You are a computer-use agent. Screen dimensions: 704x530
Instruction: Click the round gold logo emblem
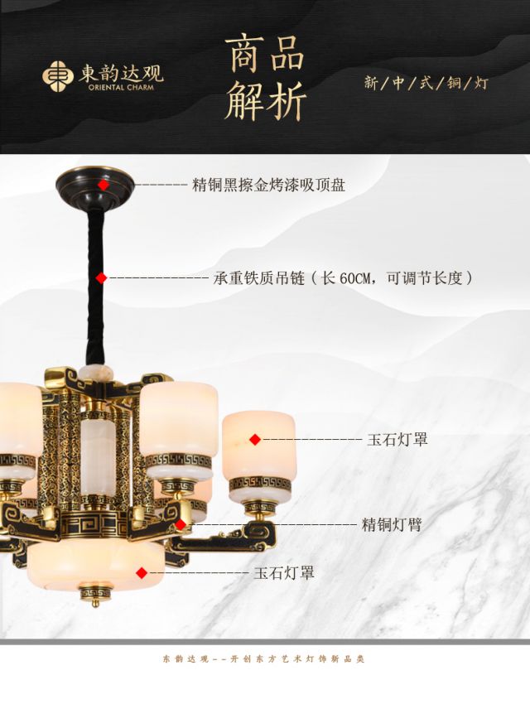(58, 75)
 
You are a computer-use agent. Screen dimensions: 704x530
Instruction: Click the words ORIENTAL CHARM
(120, 84)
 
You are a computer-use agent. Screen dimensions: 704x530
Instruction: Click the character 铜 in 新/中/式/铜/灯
(453, 83)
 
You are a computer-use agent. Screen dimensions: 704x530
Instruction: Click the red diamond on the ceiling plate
(102, 185)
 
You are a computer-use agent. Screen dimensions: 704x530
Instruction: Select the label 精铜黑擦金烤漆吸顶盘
(268, 185)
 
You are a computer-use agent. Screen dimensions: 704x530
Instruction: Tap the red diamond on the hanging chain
(101, 278)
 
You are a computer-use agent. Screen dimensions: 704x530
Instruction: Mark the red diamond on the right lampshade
(255, 439)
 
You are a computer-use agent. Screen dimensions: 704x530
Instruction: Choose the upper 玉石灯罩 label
(397, 439)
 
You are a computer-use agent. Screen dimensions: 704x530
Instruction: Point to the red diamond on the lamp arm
(181, 524)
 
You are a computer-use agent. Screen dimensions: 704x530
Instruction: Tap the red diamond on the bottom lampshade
(142, 572)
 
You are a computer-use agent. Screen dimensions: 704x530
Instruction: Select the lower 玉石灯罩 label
(284, 572)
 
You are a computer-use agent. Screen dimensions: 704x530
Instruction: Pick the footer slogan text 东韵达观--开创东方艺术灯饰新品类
(263, 659)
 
